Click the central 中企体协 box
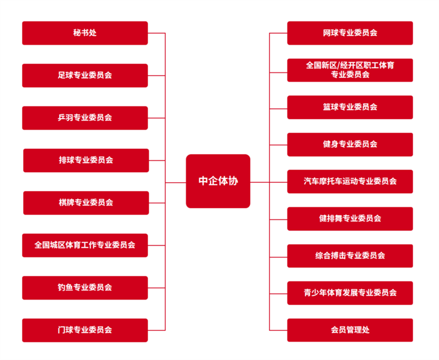pos(218,181)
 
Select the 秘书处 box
pos(85,33)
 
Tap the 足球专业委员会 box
pos(85,75)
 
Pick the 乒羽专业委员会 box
pos(85,118)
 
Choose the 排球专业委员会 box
pos(86,160)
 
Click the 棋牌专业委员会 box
pos(86,203)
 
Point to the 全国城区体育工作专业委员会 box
pos(85,245)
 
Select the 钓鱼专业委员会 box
pos(85,288)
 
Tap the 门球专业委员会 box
pos(85,330)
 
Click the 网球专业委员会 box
pos(350,33)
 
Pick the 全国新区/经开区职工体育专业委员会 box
pos(350,70)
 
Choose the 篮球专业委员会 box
pos(350,107)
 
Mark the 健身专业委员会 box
pos(350,144)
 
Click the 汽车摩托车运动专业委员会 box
pos(350,181)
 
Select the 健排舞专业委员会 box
pos(350,218)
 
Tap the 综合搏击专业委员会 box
pos(350,256)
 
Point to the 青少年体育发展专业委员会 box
pos(350,292)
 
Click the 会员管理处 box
pos(350,330)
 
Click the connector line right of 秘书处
pos(156,33)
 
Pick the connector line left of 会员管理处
pos(278,330)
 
